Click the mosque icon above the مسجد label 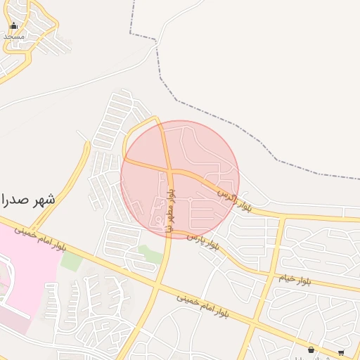coord(13,26)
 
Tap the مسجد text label coord(13,36)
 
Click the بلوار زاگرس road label coord(233,200)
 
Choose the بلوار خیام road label coord(295,279)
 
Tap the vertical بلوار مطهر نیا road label coord(172,203)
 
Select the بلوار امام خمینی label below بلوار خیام coord(204,306)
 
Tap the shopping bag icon coord(311,349)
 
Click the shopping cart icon coord(341,352)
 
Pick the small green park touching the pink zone coord(71,261)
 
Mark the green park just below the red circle coord(150,254)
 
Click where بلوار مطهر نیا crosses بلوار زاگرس coord(169,169)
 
